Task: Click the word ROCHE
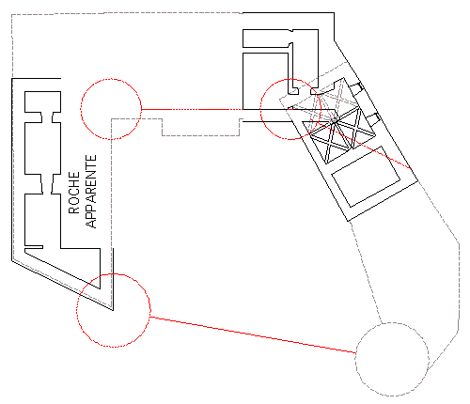point(74,193)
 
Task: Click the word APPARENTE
point(91,192)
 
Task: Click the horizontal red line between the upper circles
point(192,109)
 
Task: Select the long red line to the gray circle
point(253,334)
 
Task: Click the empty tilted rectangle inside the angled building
point(366,177)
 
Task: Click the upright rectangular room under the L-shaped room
point(265,81)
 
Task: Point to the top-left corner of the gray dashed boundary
point(12,15)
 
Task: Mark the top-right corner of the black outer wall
point(334,13)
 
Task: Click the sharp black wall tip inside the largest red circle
point(113,310)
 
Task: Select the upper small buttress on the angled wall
point(356,87)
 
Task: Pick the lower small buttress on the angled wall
point(373,118)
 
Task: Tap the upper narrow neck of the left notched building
point(47,117)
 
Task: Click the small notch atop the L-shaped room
point(290,31)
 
